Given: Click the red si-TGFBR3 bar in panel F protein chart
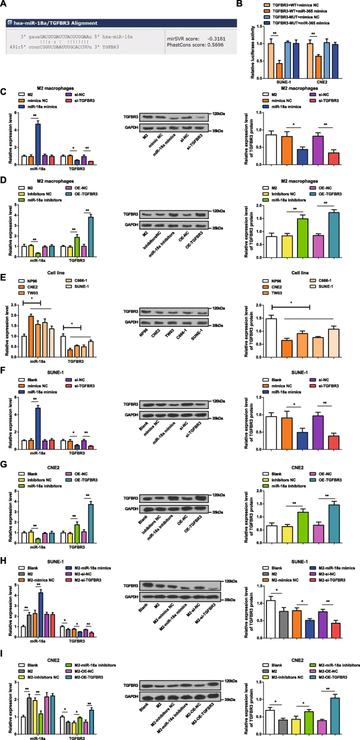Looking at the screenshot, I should [x=333, y=424].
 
